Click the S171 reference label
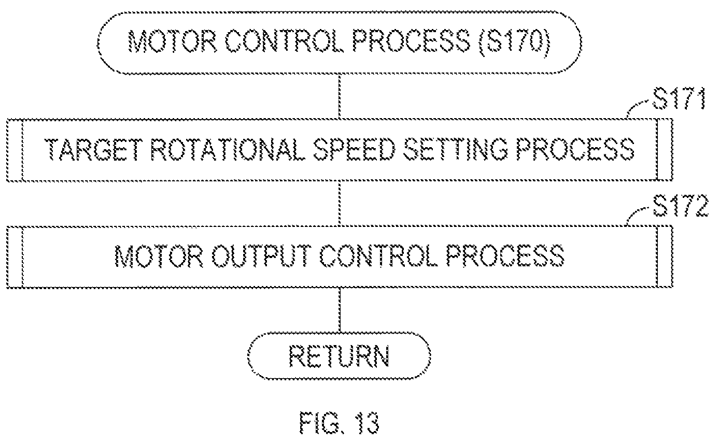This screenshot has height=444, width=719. coord(679,98)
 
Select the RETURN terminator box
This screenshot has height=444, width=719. coord(339,356)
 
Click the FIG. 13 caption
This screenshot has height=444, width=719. coord(339,423)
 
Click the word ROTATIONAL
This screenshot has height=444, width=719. coord(228,149)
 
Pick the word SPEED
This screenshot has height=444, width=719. coord(354,149)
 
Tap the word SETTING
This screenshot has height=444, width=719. coord(456,149)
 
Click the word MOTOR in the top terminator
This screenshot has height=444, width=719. coord(173,41)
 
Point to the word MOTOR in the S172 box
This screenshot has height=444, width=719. coord(159,256)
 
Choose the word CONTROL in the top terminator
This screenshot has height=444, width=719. coord(284,41)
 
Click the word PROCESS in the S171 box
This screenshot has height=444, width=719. coord(575,149)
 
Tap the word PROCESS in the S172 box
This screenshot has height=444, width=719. coord(505,256)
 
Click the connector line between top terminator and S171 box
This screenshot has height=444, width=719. coord(340,96)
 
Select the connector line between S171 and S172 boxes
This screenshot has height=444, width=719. coord(340,204)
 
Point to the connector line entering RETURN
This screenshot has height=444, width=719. coord(340,310)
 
